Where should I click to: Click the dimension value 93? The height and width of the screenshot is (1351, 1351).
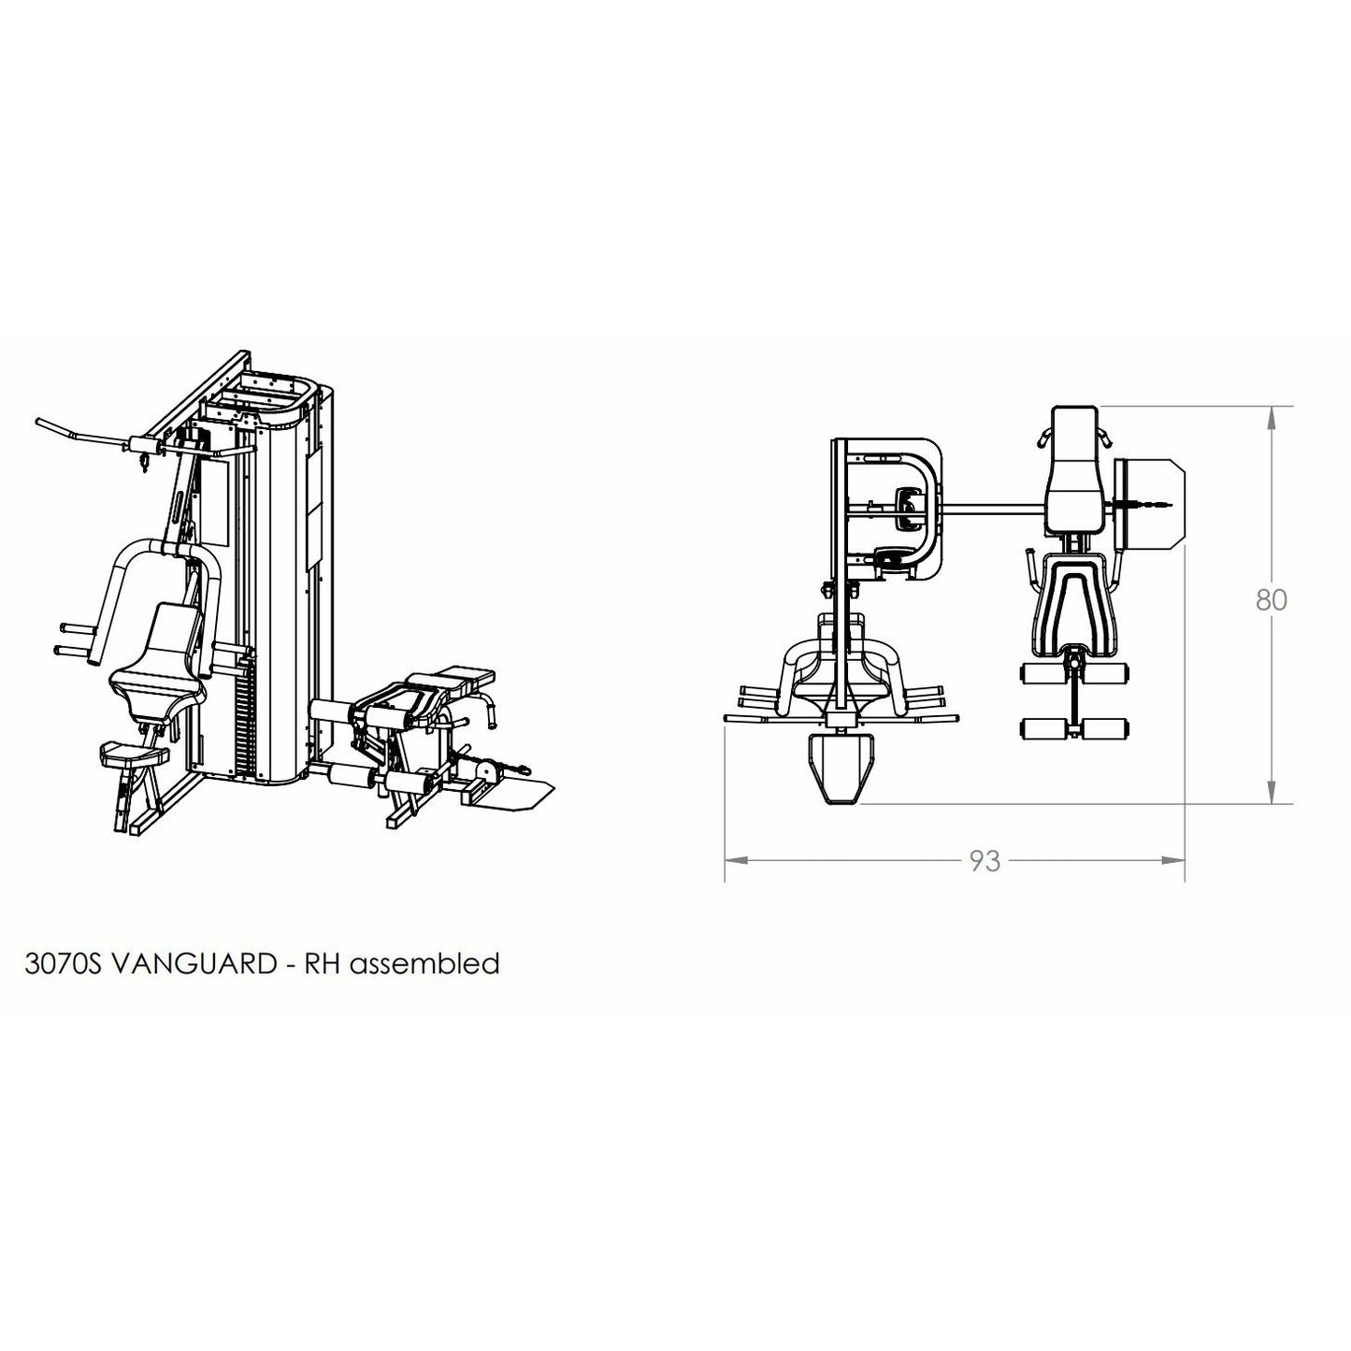pos(985,861)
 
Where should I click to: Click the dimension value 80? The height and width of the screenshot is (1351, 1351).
pos(1272,600)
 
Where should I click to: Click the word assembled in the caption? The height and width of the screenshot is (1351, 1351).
pos(424,963)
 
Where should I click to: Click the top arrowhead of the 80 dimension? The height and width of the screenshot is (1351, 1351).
pos(1272,418)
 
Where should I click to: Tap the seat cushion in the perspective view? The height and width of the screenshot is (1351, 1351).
pos(155,685)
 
